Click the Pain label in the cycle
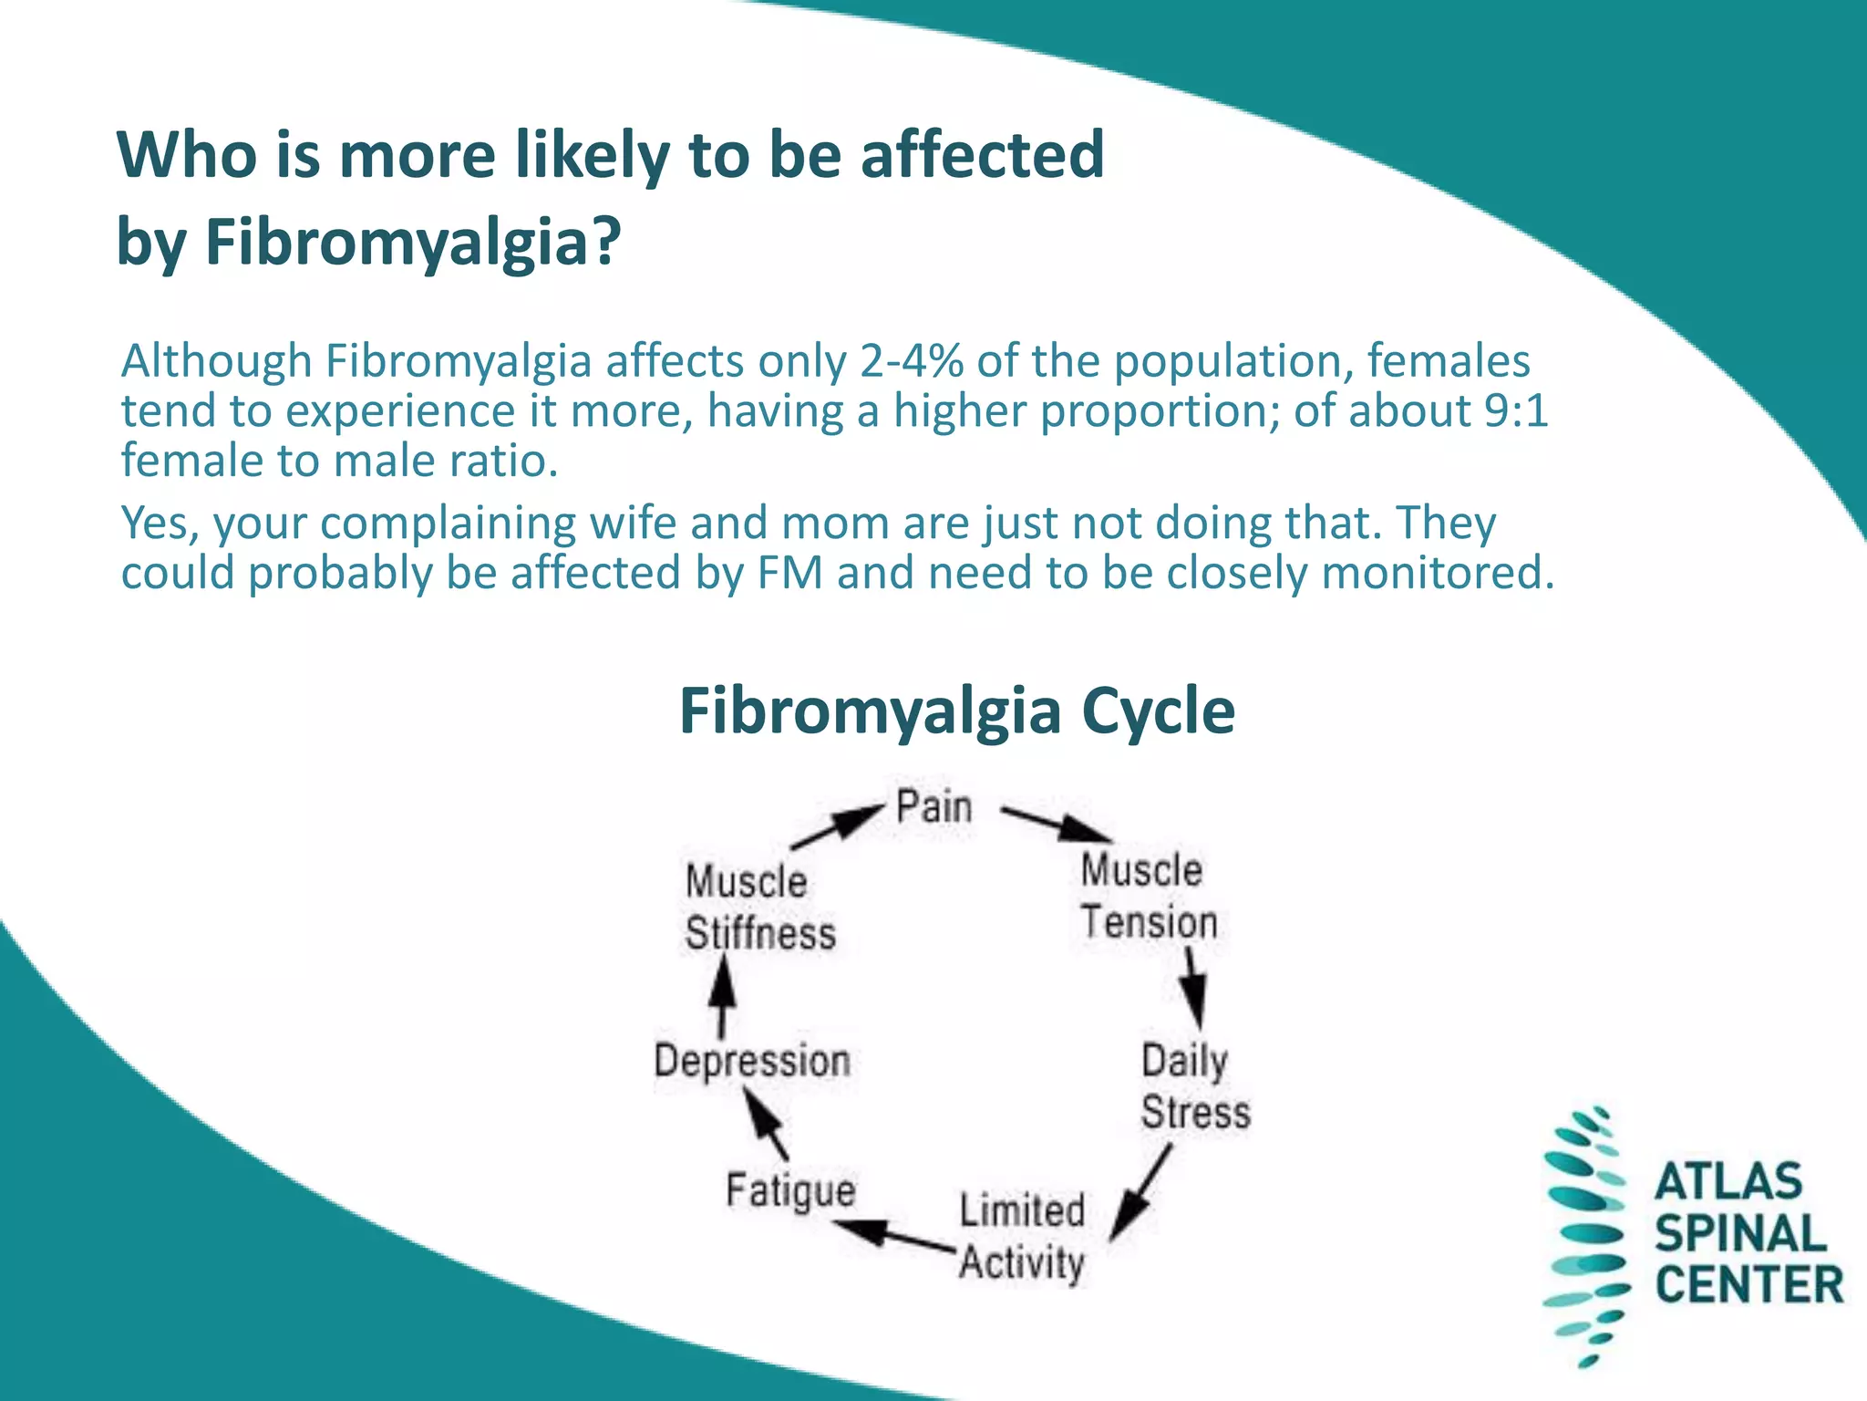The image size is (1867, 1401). [x=933, y=807]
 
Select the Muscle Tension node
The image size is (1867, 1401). [x=1148, y=896]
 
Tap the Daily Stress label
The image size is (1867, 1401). [x=1194, y=1086]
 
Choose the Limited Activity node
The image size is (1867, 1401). [x=1022, y=1237]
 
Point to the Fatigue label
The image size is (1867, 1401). [x=790, y=1190]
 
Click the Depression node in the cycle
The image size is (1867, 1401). [x=752, y=1061]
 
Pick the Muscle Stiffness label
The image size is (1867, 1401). [x=759, y=908]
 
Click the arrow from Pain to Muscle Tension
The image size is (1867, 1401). [x=1056, y=824]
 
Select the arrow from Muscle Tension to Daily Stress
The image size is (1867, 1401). [x=1192, y=988]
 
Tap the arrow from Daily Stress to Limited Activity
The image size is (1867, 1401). [x=1140, y=1194]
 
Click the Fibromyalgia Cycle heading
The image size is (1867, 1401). [x=956, y=711]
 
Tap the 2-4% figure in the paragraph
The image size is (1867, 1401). [x=911, y=361]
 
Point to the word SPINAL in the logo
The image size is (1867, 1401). [x=1740, y=1233]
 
